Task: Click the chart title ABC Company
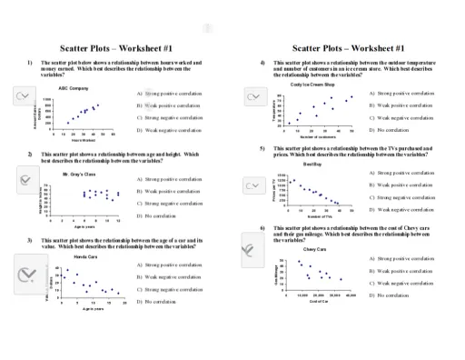click(74, 87)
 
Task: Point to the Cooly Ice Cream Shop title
click(315, 84)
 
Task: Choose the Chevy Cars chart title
click(315, 248)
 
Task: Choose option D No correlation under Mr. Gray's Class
click(163, 216)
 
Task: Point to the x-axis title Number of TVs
click(318, 216)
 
